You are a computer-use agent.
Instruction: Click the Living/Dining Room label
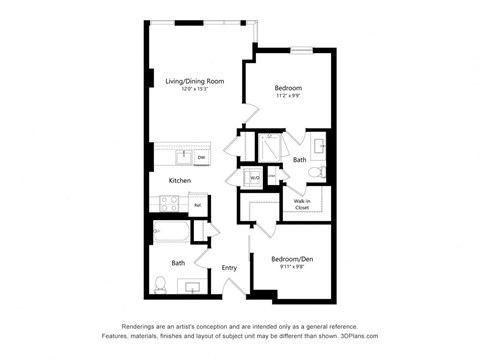point(194,80)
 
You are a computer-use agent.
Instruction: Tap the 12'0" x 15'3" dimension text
point(194,89)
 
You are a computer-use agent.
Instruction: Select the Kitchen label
point(179,180)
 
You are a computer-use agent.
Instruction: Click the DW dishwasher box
point(201,157)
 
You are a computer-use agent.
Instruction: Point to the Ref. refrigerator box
point(197,205)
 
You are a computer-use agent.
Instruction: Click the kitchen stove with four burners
point(167,204)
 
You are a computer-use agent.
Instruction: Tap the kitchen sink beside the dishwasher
point(183,157)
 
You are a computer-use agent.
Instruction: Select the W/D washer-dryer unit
point(254,179)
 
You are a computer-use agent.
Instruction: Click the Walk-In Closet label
point(301,204)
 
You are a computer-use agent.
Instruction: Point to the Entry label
point(229,267)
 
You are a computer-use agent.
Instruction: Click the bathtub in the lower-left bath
point(171,234)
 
